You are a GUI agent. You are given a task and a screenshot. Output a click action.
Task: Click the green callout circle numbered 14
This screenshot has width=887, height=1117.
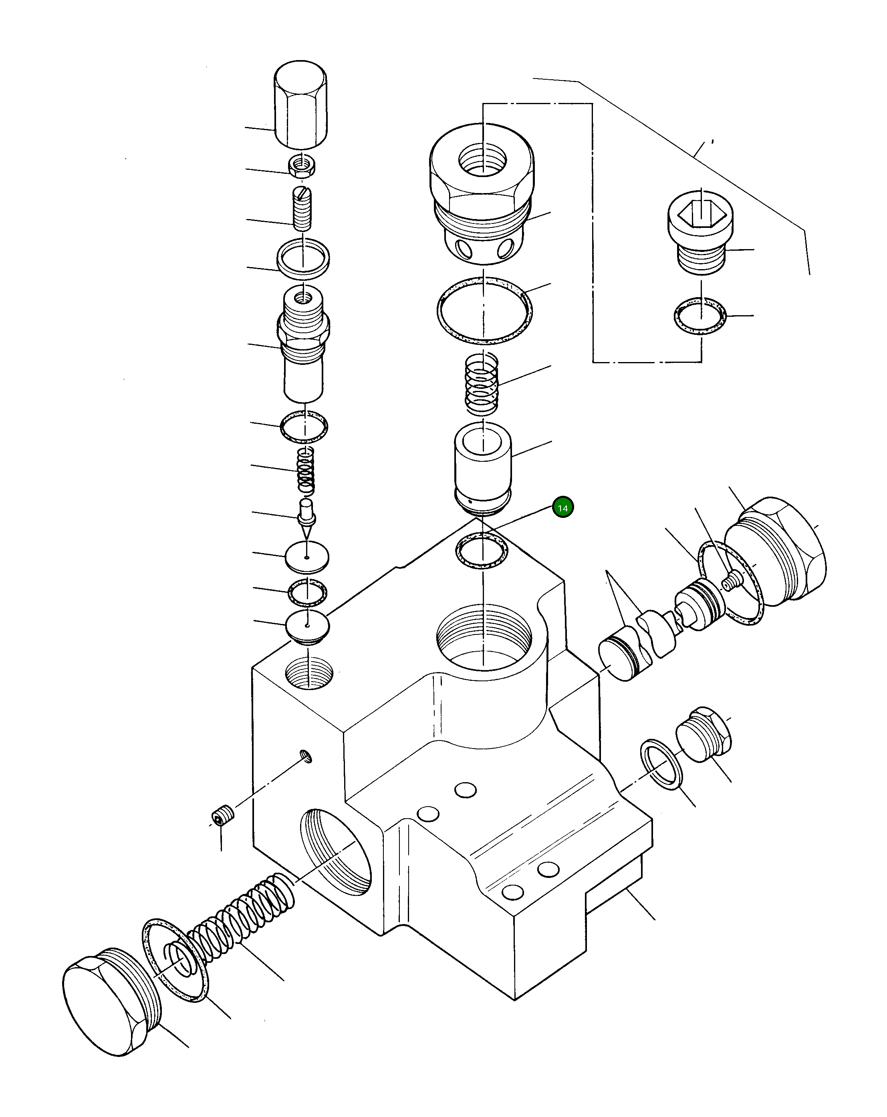pos(562,508)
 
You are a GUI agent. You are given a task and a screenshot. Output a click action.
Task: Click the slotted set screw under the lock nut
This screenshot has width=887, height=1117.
pos(302,209)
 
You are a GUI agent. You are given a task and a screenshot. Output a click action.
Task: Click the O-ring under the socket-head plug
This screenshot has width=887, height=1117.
pos(700,315)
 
